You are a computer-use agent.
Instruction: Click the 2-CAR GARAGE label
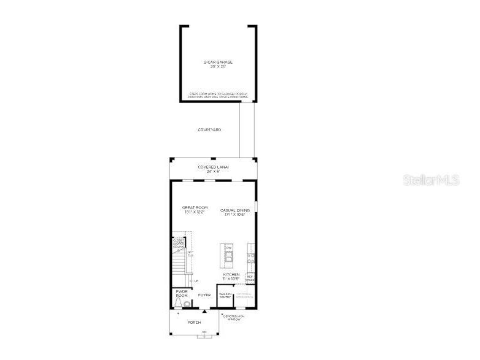pyautogui.click(x=218, y=62)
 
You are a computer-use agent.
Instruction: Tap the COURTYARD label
pyautogui.click(x=209, y=129)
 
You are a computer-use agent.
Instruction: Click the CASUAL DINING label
pyautogui.click(x=235, y=210)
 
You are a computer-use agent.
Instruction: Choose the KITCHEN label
pyautogui.click(x=231, y=274)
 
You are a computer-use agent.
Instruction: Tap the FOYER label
pyautogui.click(x=204, y=295)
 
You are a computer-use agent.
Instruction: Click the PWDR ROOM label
pyautogui.click(x=182, y=293)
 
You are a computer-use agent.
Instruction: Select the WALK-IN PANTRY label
pyautogui.click(x=225, y=296)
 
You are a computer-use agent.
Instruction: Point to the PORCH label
pyautogui.click(x=194, y=323)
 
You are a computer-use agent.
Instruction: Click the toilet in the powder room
pyautogui.click(x=186, y=303)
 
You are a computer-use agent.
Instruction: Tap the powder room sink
pyautogui.click(x=178, y=304)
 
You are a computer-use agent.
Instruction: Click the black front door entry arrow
pyautogui.click(x=204, y=311)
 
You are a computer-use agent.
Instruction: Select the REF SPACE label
pyautogui.click(x=250, y=278)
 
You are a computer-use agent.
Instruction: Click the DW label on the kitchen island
pyautogui.click(x=228, y=248)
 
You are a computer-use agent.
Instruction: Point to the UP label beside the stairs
pyautogui.click(x=196, y=281)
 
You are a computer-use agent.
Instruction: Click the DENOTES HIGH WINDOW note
pyautogui.click(x=234, y=317)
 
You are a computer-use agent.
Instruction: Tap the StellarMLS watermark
pyautogui.click(x=431, y=180)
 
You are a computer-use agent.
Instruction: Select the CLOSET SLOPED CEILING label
pyautogui.click(x=178, y=243)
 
